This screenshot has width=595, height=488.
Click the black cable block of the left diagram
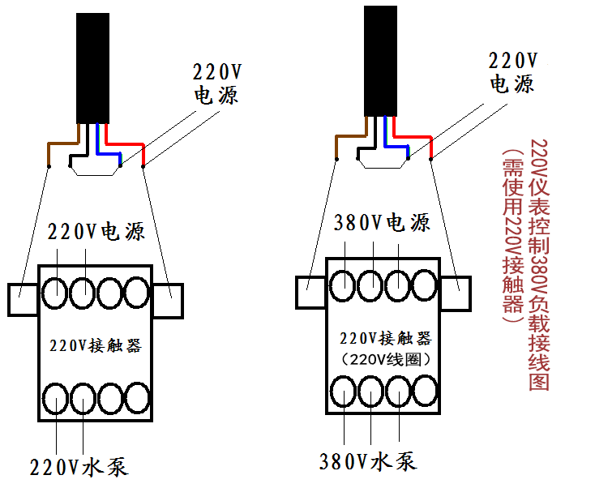(x=92, y=68)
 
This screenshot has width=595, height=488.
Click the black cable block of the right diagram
(x=381, y=61)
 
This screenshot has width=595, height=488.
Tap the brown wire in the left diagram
(x=63, y=143)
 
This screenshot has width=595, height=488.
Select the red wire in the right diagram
(x=412, y=136)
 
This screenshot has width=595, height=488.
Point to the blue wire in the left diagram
(x=109, y=154)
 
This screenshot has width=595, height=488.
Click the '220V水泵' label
(x=79, y=466)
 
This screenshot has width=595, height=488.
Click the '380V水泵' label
(x=368, y=460)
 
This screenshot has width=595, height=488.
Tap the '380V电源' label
(x=382, y=222)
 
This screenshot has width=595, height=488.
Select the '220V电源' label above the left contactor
(x=96, y=231)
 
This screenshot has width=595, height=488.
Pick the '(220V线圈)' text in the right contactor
(x=386, y=359)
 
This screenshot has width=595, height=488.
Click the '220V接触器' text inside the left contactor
(x=96, y=345)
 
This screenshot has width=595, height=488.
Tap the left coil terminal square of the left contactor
(x=23, y=299)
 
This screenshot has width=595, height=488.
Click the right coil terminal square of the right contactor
(x=456, y=293)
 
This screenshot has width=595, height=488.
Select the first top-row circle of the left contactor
(x=54, y=293)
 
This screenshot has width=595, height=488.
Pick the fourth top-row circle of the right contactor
(x=425, y=285)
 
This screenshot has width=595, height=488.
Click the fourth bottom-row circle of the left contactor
(x=137, y=398)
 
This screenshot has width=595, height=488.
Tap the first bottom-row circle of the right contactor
(x=344, y=392)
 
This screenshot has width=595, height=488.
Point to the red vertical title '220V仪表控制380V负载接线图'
(x=539, y=265)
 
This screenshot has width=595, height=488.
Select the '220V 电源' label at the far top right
(x=513, y=72)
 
